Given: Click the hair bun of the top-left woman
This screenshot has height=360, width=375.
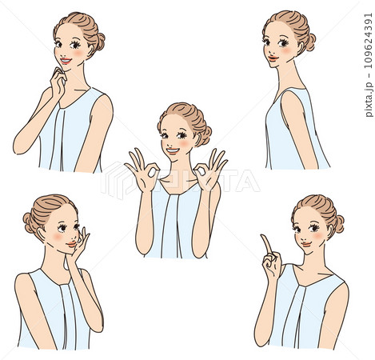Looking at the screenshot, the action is [100, 42].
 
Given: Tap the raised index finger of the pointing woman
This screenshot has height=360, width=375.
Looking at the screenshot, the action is [267, 243].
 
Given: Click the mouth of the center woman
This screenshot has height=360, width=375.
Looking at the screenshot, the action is [173, 151].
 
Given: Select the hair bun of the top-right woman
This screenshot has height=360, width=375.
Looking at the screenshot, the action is [310, 42].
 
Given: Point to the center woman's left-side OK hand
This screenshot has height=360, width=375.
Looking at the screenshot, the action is [142, 170].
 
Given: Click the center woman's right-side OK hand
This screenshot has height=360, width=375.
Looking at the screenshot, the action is [209, 170].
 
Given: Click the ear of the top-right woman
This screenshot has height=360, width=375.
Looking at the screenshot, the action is [301, 48].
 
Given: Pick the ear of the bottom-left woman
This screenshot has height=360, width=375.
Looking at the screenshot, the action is [42, 234].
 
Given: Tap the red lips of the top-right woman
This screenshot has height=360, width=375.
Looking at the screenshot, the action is [273, 58].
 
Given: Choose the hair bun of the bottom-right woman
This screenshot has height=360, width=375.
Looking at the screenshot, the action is [339, 224].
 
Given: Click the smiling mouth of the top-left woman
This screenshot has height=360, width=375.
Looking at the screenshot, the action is [66, 61].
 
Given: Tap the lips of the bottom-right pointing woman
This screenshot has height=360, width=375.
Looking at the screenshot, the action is [305, 244].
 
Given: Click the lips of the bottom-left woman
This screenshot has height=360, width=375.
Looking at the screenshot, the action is [71, 244].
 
